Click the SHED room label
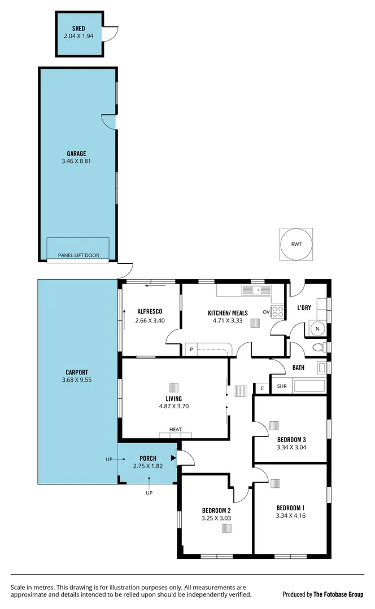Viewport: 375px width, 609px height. (x=79, y=28)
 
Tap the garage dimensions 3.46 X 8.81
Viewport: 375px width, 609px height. (x=78, y=161)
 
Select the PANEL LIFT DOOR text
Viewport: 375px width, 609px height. (x=79, y=255)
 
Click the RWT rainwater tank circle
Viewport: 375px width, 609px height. (x=296, y=244)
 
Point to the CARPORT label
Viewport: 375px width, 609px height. (x=76, y=372)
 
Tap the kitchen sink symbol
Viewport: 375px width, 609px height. (x=256, y=290)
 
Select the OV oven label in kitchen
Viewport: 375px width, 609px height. (x=266, y=312)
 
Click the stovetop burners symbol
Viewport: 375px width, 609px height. (x=277, y=312)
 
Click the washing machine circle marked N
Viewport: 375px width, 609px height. (x=317, y=329)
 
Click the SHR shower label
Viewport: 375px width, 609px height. (x=280, y=387)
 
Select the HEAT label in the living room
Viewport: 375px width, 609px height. (x=176, y=430)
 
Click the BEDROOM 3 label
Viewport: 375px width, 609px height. (x=291, y=440)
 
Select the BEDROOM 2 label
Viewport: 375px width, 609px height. (x=216, y=510)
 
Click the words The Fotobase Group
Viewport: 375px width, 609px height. (x=339, y=594)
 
